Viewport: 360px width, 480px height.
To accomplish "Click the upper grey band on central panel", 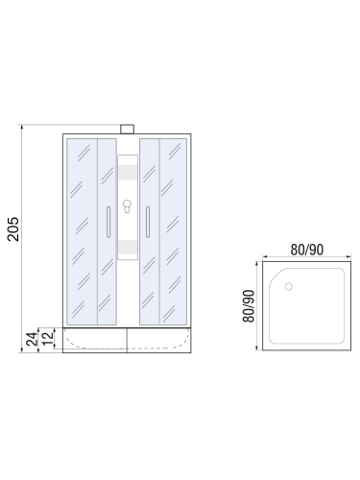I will pos(126,176).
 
